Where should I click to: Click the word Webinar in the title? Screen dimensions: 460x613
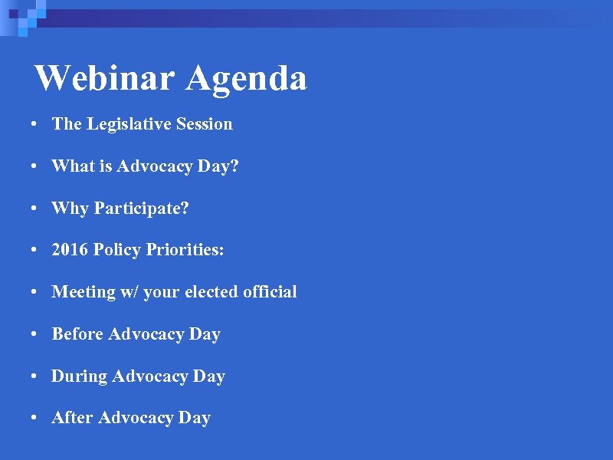[105, 77]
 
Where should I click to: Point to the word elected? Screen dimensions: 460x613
[210, 292]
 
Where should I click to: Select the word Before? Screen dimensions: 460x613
[77, 334]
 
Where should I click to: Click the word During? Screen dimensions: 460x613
[79, 376]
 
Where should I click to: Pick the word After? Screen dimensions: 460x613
[72, 418]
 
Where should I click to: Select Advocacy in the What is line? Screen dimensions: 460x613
[151, 166]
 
